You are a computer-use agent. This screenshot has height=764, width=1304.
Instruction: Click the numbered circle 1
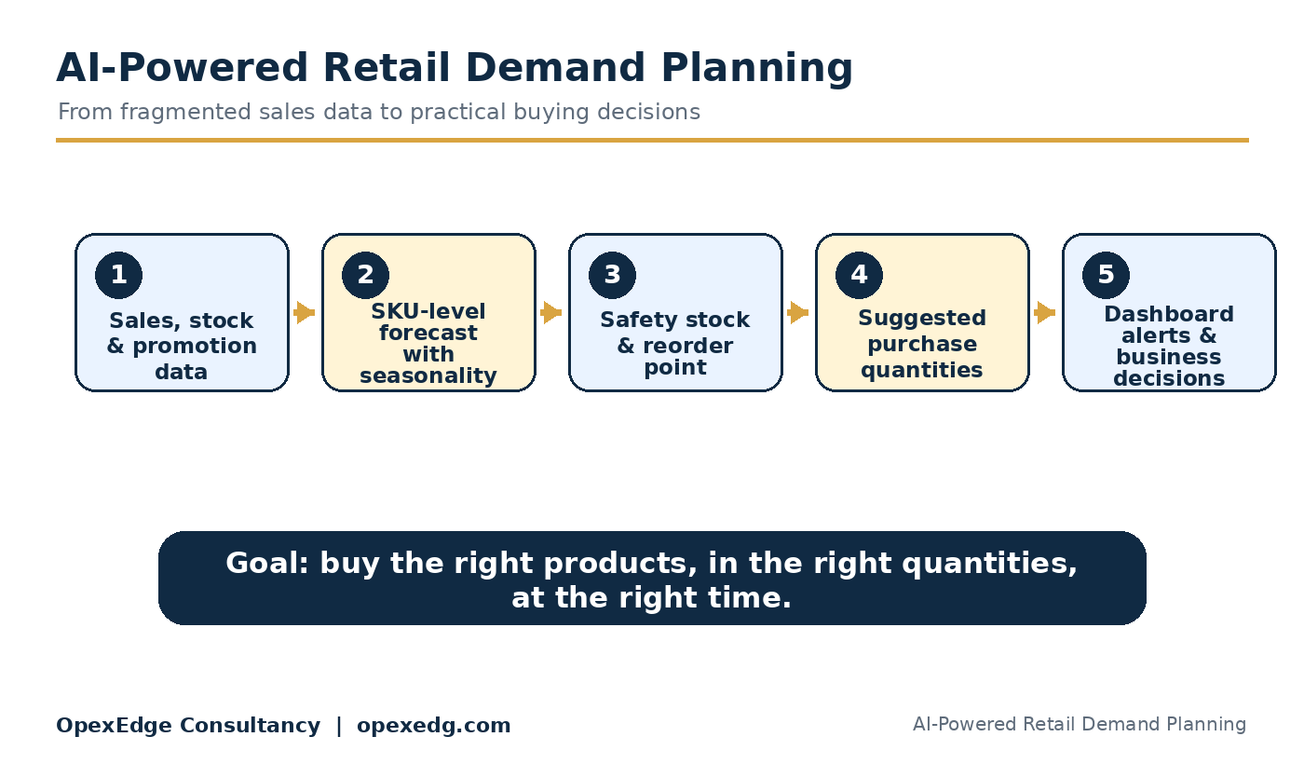[x=119, y=275]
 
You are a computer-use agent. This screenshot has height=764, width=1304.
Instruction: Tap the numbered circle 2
[x=365, y=275]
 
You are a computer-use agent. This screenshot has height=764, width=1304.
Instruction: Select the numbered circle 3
[x=613, y=275]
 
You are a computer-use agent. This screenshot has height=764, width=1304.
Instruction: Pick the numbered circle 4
[x=859, y=275]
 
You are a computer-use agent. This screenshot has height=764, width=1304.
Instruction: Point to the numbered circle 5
[x=1107, y=275]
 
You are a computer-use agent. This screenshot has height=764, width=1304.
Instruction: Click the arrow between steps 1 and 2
[x=305, y=313]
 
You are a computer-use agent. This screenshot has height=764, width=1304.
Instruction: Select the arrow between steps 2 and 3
[x=551, y=313]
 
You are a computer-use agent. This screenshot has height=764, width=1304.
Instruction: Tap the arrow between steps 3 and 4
[x=798, y=313]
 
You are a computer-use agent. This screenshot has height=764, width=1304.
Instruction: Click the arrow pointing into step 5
[x=1045, y=313]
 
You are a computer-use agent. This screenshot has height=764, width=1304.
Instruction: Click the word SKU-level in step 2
[x=428, y=311]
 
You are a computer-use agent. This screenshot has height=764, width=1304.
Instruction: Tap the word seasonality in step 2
[x=428, y=376]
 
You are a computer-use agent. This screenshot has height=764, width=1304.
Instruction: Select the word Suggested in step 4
[x=922, y=318]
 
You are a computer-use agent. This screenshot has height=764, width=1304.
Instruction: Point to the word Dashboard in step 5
[x=1169, y=315]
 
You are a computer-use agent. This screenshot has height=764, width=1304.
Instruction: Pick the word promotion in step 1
[x=195, y=347]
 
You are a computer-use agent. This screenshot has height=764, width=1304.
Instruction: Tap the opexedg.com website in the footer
[x=434, y=726]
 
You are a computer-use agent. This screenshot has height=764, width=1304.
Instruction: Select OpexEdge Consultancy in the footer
[x=188, y=726]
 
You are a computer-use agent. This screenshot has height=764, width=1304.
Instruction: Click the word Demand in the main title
[x=555, y=67]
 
